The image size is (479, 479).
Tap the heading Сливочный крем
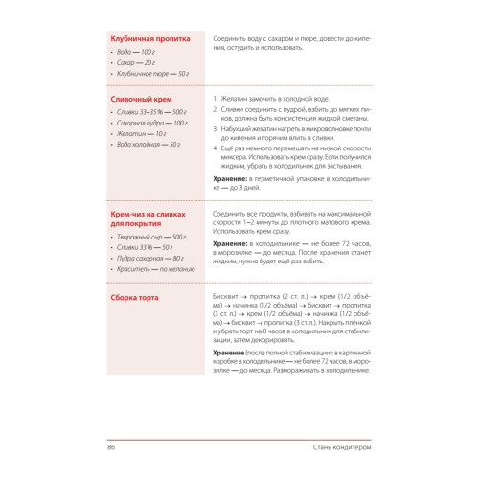[x=136, y=99]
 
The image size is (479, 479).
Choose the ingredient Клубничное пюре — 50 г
[x=152, y=73]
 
